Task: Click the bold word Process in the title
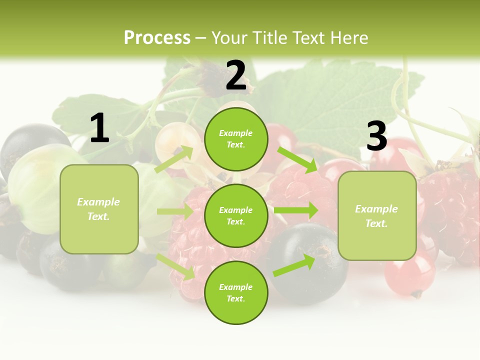tap(157, 38)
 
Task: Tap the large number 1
tap(99, 128)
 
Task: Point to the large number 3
tap(376, 136)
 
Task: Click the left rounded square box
tap(99, 209)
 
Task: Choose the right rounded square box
tap(377, 215)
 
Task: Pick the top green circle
tap(236, 139)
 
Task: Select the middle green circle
tap(236, 215)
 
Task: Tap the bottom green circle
tap(236, 292)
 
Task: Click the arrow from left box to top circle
tap(173, 159)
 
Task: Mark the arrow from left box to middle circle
tap(175, 211)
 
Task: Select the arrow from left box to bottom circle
tap(175, 266)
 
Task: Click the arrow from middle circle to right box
tap(296, 210)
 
